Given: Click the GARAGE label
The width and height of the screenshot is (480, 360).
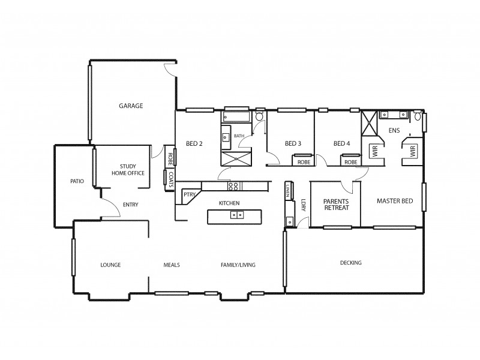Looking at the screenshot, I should pos(130,106).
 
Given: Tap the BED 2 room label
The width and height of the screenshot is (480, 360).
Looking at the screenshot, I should pos(194,143).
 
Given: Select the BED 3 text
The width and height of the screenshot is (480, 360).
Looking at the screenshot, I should pos(293,143).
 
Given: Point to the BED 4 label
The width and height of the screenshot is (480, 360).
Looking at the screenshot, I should pos(341,143).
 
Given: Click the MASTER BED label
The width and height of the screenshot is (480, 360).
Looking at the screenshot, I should pos(394,201).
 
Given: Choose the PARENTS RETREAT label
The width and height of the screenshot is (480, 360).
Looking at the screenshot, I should pos(335,205).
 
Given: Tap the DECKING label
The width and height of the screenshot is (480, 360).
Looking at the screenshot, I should pos(350,263).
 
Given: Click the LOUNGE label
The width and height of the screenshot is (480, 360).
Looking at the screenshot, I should pos(110,265).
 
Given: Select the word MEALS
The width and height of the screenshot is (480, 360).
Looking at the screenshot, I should pos(172,265).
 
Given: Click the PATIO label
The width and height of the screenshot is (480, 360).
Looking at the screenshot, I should pos(76,181).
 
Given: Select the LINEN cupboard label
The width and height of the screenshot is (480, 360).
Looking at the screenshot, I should pos(288,191).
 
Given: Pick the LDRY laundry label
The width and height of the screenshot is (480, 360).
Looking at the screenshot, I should pos(304,205).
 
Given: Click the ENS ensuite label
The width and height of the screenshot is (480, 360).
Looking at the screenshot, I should pos(394,130).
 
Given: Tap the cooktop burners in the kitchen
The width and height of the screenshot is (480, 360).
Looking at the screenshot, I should pos(236,185).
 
